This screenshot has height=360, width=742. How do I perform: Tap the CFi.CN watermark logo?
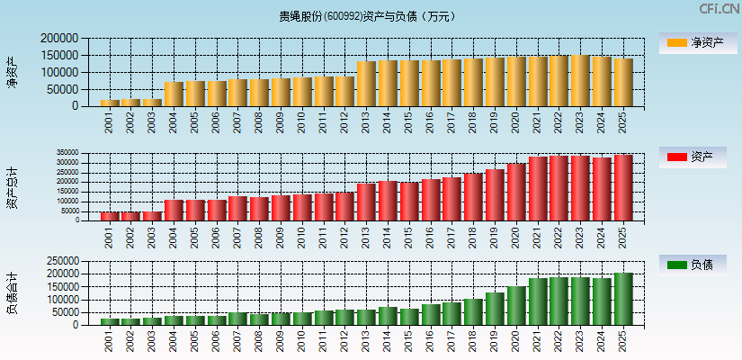click(x=720, y=9)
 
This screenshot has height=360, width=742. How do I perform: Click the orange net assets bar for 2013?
click(x=366, y=84)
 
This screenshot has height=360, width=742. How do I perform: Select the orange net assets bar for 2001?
click(x=109, y=103)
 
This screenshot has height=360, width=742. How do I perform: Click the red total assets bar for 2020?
click(x=516, y=192)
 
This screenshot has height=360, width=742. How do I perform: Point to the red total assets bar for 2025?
click(x=623, y=187)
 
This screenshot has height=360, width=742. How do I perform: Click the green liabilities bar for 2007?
click(x=237, y=318)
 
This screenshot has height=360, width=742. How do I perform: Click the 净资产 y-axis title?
click(x=12, y=72)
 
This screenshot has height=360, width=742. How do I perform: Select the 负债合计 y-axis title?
click(x=12, y=292)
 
